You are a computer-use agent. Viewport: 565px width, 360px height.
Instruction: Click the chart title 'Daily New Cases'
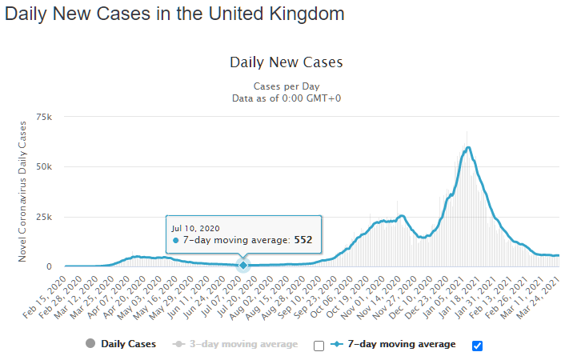coord(286,62)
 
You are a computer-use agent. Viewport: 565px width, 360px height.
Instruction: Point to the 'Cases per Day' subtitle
coord(286,86)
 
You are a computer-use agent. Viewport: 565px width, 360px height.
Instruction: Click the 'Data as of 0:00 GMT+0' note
coord(286,98)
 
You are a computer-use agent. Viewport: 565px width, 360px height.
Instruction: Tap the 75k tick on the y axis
coord(45,118)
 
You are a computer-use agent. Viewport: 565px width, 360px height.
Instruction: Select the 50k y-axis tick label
coord(45,167)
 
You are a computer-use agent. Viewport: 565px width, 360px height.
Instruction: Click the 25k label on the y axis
coord(45,217)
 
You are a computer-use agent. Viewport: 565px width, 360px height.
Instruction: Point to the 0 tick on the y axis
coord(50,266)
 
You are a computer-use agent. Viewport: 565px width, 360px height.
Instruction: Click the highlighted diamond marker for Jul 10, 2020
coord(243,265)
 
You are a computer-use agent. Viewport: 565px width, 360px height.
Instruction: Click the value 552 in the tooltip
coord(302,240)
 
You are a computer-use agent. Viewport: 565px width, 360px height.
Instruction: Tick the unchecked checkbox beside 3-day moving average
coord(319,346)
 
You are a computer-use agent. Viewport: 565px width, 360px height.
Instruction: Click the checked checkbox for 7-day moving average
coord(478,346)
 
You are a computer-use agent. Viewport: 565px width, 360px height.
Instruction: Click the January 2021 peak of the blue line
coord(468,147)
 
